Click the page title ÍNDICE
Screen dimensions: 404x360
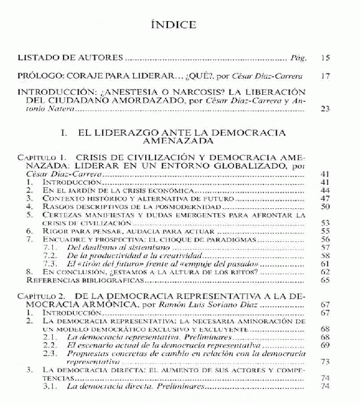[179, 25]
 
